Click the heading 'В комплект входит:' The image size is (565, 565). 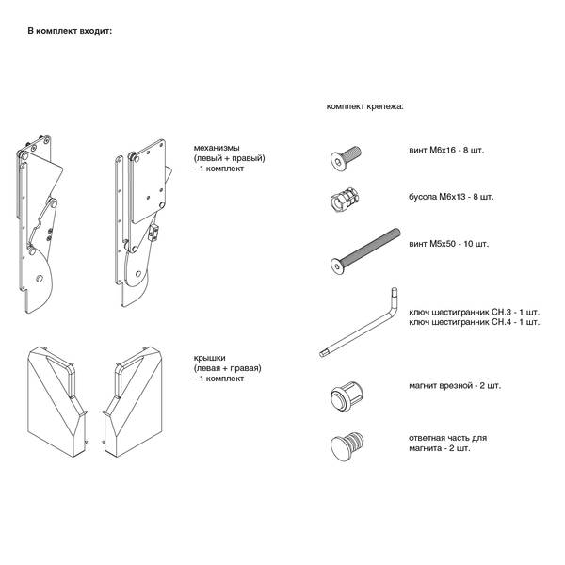[70, 31]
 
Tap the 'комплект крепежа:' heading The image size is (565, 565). [365, 106]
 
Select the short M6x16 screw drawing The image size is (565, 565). [346, 158]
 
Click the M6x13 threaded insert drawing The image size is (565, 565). [345, 200]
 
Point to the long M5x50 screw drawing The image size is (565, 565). [364, 251]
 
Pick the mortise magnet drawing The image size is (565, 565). [347, 395]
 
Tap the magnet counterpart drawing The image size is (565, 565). [347, 446]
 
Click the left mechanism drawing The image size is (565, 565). [40, 224]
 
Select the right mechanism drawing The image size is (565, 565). [143, 222]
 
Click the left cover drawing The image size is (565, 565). [57, 402]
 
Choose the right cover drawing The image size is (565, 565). [132, 402]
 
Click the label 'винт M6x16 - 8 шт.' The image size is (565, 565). [446, 151]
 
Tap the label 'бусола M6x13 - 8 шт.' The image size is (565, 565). [451, 197]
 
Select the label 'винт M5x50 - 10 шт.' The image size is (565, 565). [448, 244]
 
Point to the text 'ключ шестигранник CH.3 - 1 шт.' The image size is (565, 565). [475, 312]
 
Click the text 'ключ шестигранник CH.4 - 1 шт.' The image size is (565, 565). [475, 322]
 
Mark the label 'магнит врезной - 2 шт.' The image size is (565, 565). [455, 386]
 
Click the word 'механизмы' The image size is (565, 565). [217, 148]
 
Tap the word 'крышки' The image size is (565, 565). [209, 358]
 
